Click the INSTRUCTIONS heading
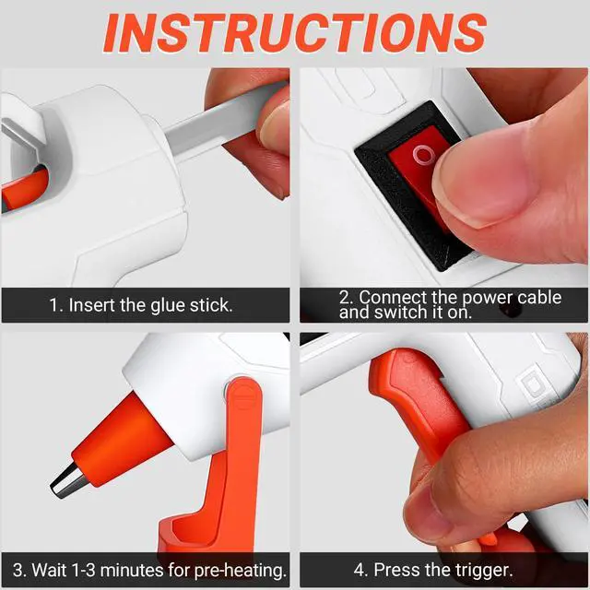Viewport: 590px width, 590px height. (295, 33)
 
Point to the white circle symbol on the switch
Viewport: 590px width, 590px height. (424, 154)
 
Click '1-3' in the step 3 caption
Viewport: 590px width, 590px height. (83, 570)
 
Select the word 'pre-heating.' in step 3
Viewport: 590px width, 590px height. (241, 571)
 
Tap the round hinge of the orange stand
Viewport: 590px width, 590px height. (243, 395)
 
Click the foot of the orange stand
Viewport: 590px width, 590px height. (188, 535)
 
